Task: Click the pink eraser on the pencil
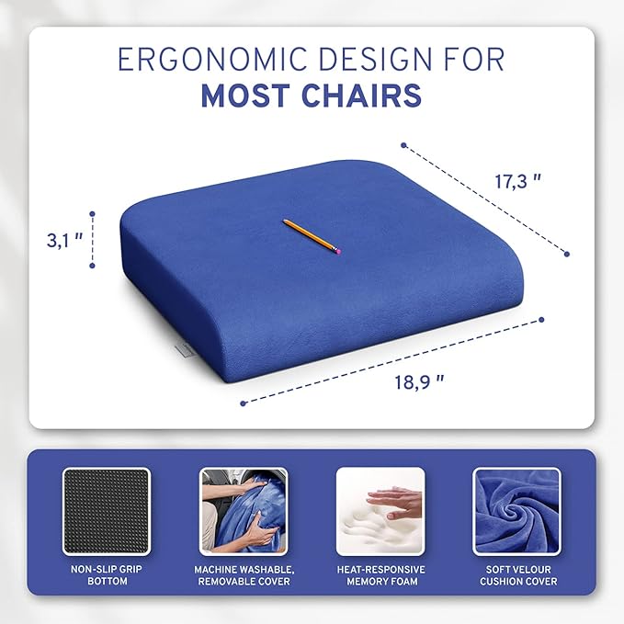click(336, 249)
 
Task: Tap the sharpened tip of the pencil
click(284, 221)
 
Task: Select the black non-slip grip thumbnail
click(106, 511)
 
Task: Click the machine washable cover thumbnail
click(244, 511)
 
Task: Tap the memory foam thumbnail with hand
click(380, 511)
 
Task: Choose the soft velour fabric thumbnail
click(516, 511)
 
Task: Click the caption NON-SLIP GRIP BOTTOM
click(106, 575)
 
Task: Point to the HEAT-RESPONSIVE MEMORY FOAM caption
click(380, 575)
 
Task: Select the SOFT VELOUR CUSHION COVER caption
click(516, 575)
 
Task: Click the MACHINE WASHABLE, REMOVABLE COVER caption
click(244, 575)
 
